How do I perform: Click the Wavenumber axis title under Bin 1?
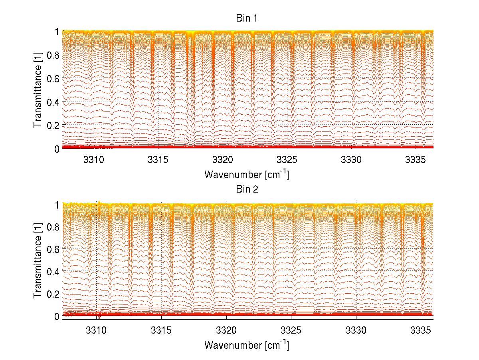pos(247,175)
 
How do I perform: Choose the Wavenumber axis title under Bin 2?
pos(247,344)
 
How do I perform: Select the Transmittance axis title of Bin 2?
pos(38,260)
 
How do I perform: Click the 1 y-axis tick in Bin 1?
pos(57,32)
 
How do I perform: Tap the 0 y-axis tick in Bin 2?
pos(57,316)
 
